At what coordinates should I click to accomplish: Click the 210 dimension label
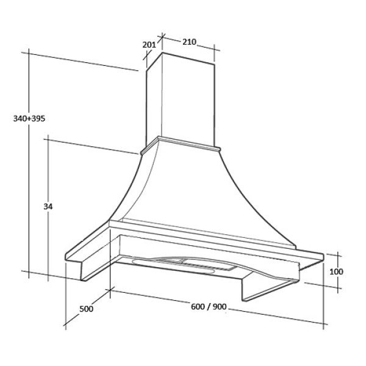tap(189, 42)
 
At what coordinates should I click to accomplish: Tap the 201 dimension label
tap(149, 45)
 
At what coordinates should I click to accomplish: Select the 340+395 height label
tap(29, 118)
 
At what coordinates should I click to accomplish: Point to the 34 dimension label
tap(48, 206)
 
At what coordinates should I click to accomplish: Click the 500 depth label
tap(86, 309)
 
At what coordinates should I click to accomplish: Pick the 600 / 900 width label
tap(209, 306)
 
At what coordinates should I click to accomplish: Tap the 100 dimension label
tap(336, 271)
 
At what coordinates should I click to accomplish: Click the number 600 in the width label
tap(198, 306)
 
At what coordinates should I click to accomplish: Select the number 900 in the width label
tap(220, 306)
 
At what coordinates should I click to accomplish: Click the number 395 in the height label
tap(38, 118)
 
